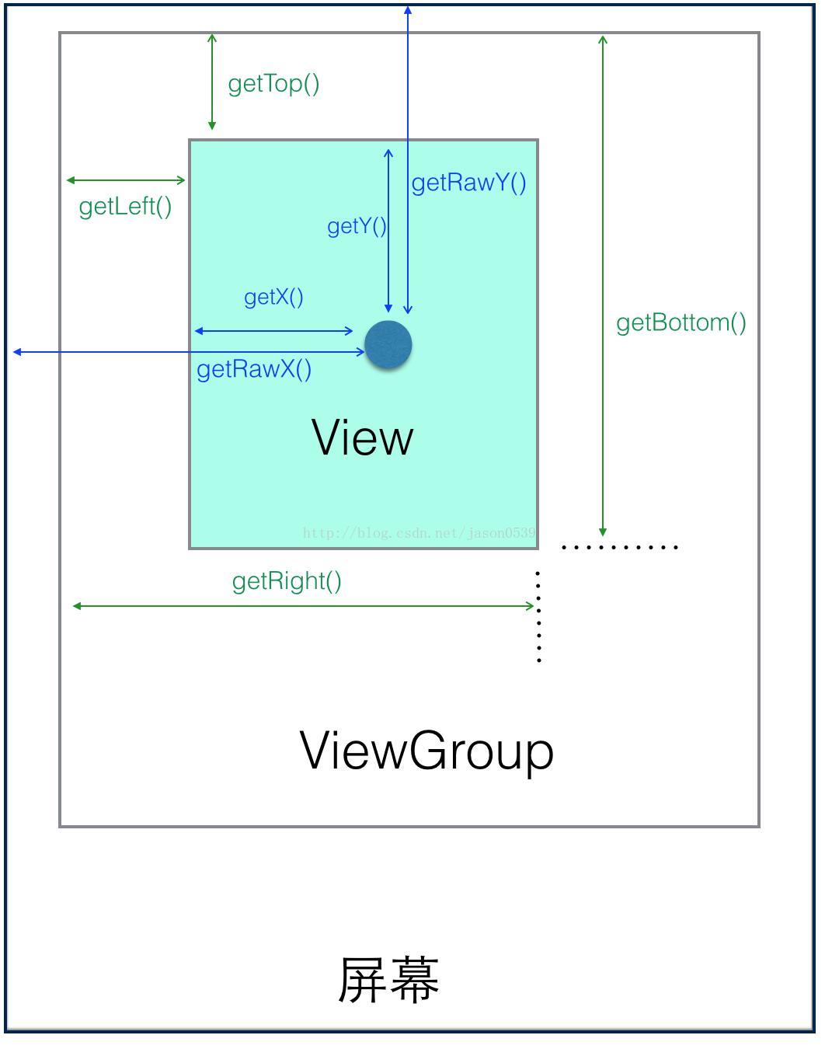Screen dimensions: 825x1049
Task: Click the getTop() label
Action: pos(273,85)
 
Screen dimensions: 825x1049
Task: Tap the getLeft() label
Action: pos(125,207)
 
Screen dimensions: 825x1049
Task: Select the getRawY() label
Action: pos(468,183)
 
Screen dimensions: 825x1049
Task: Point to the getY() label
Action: pos(357,227)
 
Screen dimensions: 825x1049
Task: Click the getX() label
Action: pos(274,297)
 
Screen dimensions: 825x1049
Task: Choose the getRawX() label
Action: pos(254,370)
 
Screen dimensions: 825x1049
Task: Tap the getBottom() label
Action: pos(681,323)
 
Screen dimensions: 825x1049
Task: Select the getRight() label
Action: pos(287,581)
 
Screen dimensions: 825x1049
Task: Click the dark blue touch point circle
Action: pos(388,345)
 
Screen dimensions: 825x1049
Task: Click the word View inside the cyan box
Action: pos(362,437)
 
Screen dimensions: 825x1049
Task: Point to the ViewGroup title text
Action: pos(426,752)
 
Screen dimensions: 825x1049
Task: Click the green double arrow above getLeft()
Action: pos(126,180)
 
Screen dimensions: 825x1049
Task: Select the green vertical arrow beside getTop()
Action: pos(212,82)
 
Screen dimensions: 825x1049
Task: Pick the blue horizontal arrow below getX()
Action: pos(274,331)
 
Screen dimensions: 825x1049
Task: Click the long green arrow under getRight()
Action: pos(304,606)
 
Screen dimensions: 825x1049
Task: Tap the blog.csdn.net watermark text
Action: pos(419,533)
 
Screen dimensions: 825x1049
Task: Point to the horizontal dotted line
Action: pos(620,547)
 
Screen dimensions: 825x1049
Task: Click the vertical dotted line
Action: pos(538,617)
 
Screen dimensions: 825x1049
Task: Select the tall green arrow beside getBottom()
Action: pos(603,286)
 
